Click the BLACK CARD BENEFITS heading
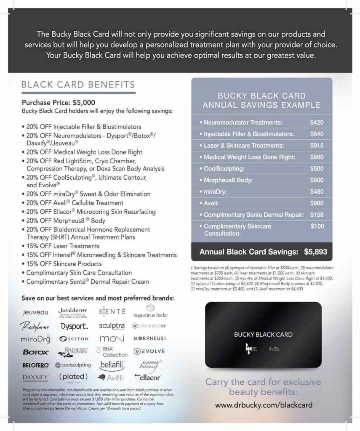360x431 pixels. tap(78, 85)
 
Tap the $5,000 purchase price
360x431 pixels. tap(84, 102)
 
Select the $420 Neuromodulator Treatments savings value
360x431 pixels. tap(317, 123)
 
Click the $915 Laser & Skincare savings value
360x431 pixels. tap(317, 146)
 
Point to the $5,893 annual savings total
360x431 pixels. tap(315, 253)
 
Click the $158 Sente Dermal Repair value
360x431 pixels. tap(317, 215)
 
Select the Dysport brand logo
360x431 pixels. tap(74, 326)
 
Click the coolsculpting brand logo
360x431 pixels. tap(73, 365)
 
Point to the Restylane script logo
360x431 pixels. tap(35, 326)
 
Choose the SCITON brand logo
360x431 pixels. tap(74, 339)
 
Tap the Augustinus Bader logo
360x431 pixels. tap(150, 312)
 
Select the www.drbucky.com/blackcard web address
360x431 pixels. tap(264, 405)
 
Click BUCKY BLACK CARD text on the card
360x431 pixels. tap(263, 335)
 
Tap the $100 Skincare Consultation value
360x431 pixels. tap(317, 226)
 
